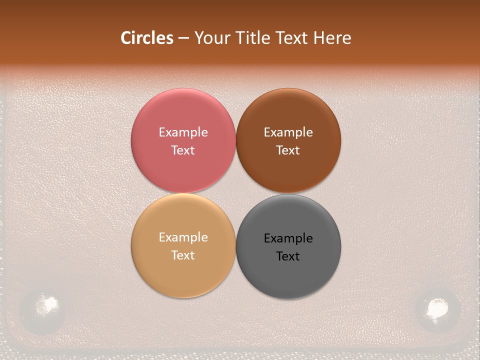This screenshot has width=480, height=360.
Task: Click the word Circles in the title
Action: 146,37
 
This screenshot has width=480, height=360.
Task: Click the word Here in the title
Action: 332,37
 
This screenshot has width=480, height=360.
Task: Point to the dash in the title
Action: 183,38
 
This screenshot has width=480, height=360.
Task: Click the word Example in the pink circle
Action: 183,132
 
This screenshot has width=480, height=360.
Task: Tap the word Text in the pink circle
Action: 183,150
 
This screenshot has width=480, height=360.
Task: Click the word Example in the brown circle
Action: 288,132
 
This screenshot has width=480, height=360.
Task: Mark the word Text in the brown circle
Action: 288,150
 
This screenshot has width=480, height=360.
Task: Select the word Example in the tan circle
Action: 183,237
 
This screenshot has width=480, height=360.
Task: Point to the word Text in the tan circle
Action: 183,255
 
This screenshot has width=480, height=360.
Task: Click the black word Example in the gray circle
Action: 288,238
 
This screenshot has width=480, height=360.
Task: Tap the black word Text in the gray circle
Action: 288,256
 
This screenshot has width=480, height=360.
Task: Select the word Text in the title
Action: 292,37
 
